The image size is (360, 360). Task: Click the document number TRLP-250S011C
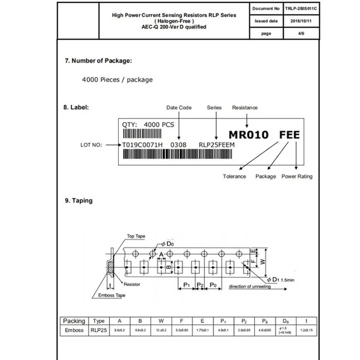tap(301, 8)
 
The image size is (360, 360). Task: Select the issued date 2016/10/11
tap(301, 21)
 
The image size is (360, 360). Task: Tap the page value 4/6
tap(301, 33)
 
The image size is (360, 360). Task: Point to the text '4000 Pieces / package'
tap(117, 80)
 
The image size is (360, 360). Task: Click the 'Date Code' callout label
tap(179, 108)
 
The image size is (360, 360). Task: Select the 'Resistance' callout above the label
tap(245, 108)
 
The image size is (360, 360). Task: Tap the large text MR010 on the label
tap(249, 135)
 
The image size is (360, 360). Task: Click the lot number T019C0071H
tap(142, 145)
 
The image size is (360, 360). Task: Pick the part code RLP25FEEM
tap(217, 145)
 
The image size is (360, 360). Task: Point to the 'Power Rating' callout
tap(297, 176)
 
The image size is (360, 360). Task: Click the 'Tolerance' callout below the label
tap(234, 176)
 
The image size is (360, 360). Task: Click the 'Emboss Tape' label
tap(112, 295)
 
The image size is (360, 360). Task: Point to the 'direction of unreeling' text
tap(250, 287)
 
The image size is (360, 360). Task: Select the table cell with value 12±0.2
tap(161, 331)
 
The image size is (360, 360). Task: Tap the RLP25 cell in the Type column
tap(98, 331)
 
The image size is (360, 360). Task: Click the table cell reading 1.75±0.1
tap(202, 331)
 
